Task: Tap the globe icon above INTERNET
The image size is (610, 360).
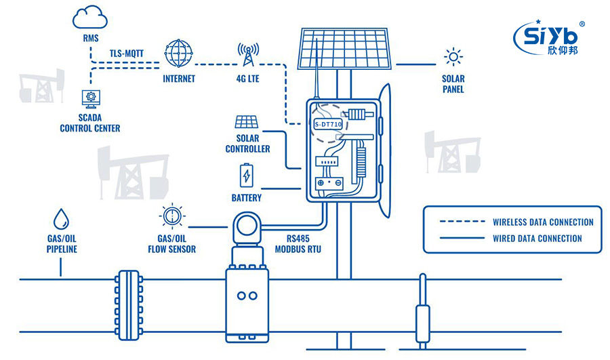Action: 178,53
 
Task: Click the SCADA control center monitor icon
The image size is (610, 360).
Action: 89,100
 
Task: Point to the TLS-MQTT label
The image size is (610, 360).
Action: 127,53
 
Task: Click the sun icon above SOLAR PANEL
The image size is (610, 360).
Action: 453,57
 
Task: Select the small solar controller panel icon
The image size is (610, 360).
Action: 245,122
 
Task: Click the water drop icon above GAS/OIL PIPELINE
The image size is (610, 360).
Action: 62,219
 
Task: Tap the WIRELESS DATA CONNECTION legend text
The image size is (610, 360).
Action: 543,222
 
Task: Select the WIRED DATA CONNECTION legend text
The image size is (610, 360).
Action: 537,238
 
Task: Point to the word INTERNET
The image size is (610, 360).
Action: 179,79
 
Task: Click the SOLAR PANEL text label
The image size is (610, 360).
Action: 453,84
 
